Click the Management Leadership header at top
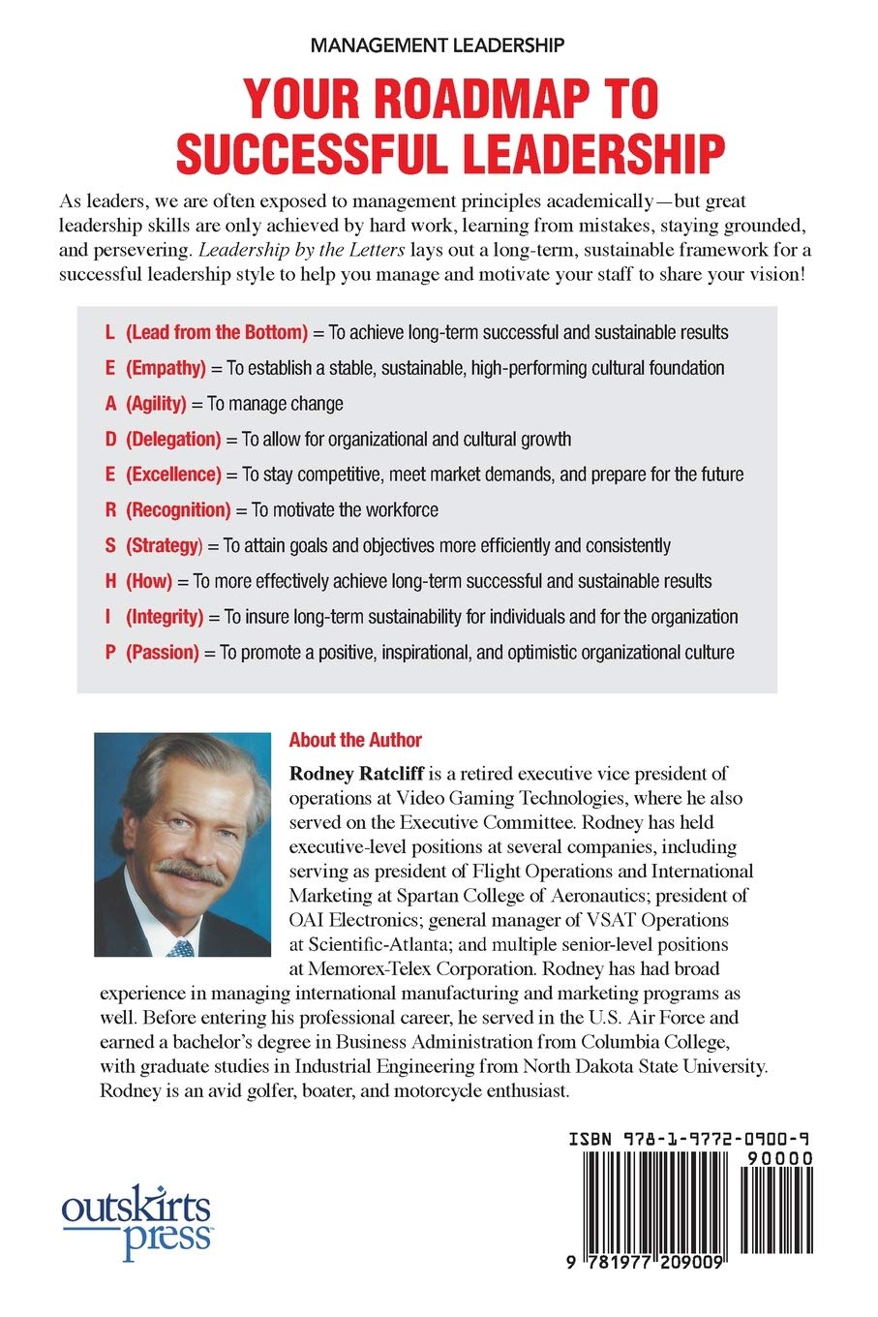point(438,45)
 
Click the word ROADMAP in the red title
point(451,99)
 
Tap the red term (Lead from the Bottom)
point(217,332)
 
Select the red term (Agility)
point(156,403)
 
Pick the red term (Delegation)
point(173,439)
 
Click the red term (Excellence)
point(173,475)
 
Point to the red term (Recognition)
point(178,509)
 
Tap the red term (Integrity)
point(165,617)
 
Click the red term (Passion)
point(162,652)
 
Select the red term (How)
point(149,581)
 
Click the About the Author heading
point(355,740)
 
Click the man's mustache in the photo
point(191,871)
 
